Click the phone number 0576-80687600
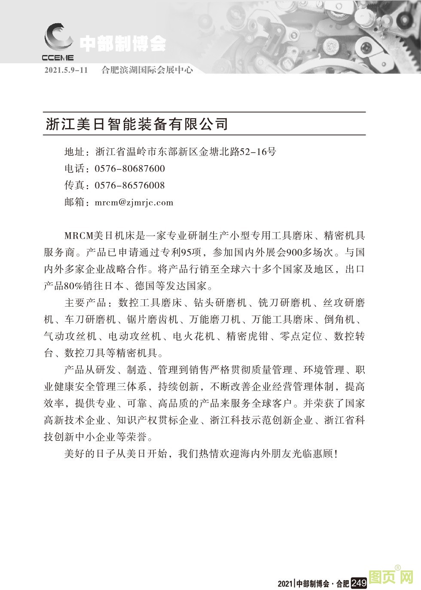[x=129, y=169]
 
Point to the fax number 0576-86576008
[x=129, y=185]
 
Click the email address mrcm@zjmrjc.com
[x=134, y=202]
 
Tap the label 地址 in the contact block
[x=74, y=152]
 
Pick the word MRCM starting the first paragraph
[x=78, y=236]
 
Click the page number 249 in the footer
[x=359, y=583]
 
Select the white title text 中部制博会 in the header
[x=123, y=44]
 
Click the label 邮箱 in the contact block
[x=74, y=202]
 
